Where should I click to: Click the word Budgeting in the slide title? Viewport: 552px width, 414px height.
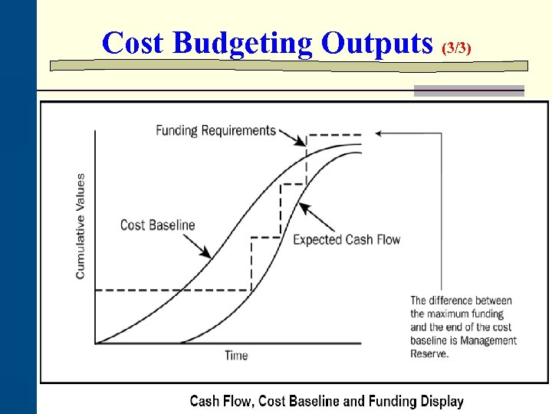[x=243, y=43]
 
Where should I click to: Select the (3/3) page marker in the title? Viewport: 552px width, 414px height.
[x=457, y=48]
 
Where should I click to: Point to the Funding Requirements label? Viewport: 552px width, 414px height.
[x=215, y=130]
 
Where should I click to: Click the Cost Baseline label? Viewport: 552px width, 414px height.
[x=158, y=225]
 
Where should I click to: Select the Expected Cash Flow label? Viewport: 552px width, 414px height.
[x=347, y=240]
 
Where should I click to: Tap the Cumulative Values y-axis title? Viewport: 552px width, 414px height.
[x=80, y=226]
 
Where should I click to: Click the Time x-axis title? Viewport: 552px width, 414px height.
[x=236, y=356]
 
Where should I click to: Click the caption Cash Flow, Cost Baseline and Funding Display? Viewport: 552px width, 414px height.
[x=327, y=401]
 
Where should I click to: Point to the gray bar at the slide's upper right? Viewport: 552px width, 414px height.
[x=469, y=90]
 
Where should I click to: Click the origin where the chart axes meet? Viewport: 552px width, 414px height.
[x=95, y=343]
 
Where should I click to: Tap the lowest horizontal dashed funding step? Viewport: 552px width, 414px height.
[x=172, y=290]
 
